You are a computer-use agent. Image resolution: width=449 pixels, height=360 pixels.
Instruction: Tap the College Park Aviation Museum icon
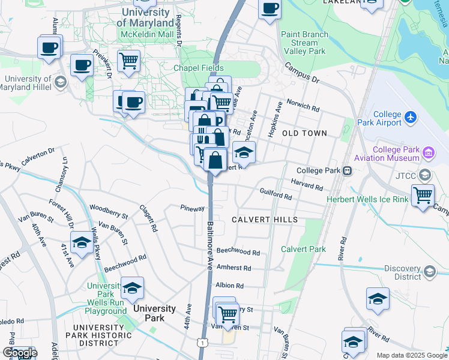point(428,152)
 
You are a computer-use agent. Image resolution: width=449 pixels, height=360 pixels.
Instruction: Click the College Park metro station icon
point(347,171)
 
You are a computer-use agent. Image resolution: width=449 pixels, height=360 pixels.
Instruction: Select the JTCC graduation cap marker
point(425,175)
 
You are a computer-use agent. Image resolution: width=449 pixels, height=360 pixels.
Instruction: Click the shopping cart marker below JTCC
point(423,195)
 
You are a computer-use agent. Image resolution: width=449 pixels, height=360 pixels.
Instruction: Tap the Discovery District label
point(403,272)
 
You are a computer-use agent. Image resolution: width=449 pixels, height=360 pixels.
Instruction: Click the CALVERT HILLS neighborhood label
point(265,220)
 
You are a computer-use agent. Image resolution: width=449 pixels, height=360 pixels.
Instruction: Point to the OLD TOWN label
point(304,133)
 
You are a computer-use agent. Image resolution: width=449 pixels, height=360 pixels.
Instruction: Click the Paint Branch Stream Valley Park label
point(306,43)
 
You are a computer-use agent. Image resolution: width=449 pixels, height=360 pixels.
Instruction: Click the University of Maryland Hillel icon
point(60,81)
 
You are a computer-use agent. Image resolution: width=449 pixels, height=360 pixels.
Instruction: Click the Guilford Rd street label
point(276,194)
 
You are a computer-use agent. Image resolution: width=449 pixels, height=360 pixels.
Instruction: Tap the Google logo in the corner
point(20,353)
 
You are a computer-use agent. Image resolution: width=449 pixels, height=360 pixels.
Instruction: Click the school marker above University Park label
point(132,288)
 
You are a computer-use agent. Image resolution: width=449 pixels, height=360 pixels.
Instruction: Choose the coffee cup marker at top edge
point(270,8)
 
